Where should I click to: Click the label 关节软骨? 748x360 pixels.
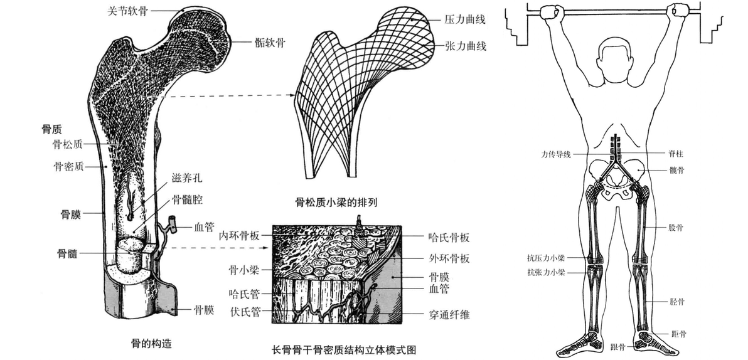coord(128,11)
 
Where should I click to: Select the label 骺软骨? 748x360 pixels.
coord(270,43)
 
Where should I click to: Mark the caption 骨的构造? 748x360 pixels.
coord(152,343)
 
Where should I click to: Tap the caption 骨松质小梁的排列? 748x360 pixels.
coord(336,203)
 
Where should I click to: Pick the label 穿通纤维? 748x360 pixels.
coord(449,315)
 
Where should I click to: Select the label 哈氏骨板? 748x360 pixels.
coord(449,236)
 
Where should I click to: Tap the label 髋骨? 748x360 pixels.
coord(677,170)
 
